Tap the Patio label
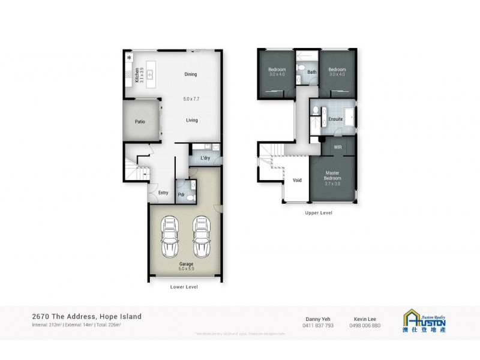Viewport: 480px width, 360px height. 140,122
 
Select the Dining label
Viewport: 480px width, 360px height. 191,74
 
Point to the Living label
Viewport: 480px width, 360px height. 191,120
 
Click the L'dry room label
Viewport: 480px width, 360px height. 205,158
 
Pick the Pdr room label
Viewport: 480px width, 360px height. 181,194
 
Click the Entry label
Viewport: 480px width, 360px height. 163,193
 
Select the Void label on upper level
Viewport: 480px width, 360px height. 296,179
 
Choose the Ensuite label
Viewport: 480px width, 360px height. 335,119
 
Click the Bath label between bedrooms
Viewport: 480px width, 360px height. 312,72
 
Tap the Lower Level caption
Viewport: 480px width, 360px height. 184,287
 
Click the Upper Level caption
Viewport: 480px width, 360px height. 319,212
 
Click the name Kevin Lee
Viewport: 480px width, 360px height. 364,319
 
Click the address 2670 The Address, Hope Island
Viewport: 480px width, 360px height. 87,316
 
